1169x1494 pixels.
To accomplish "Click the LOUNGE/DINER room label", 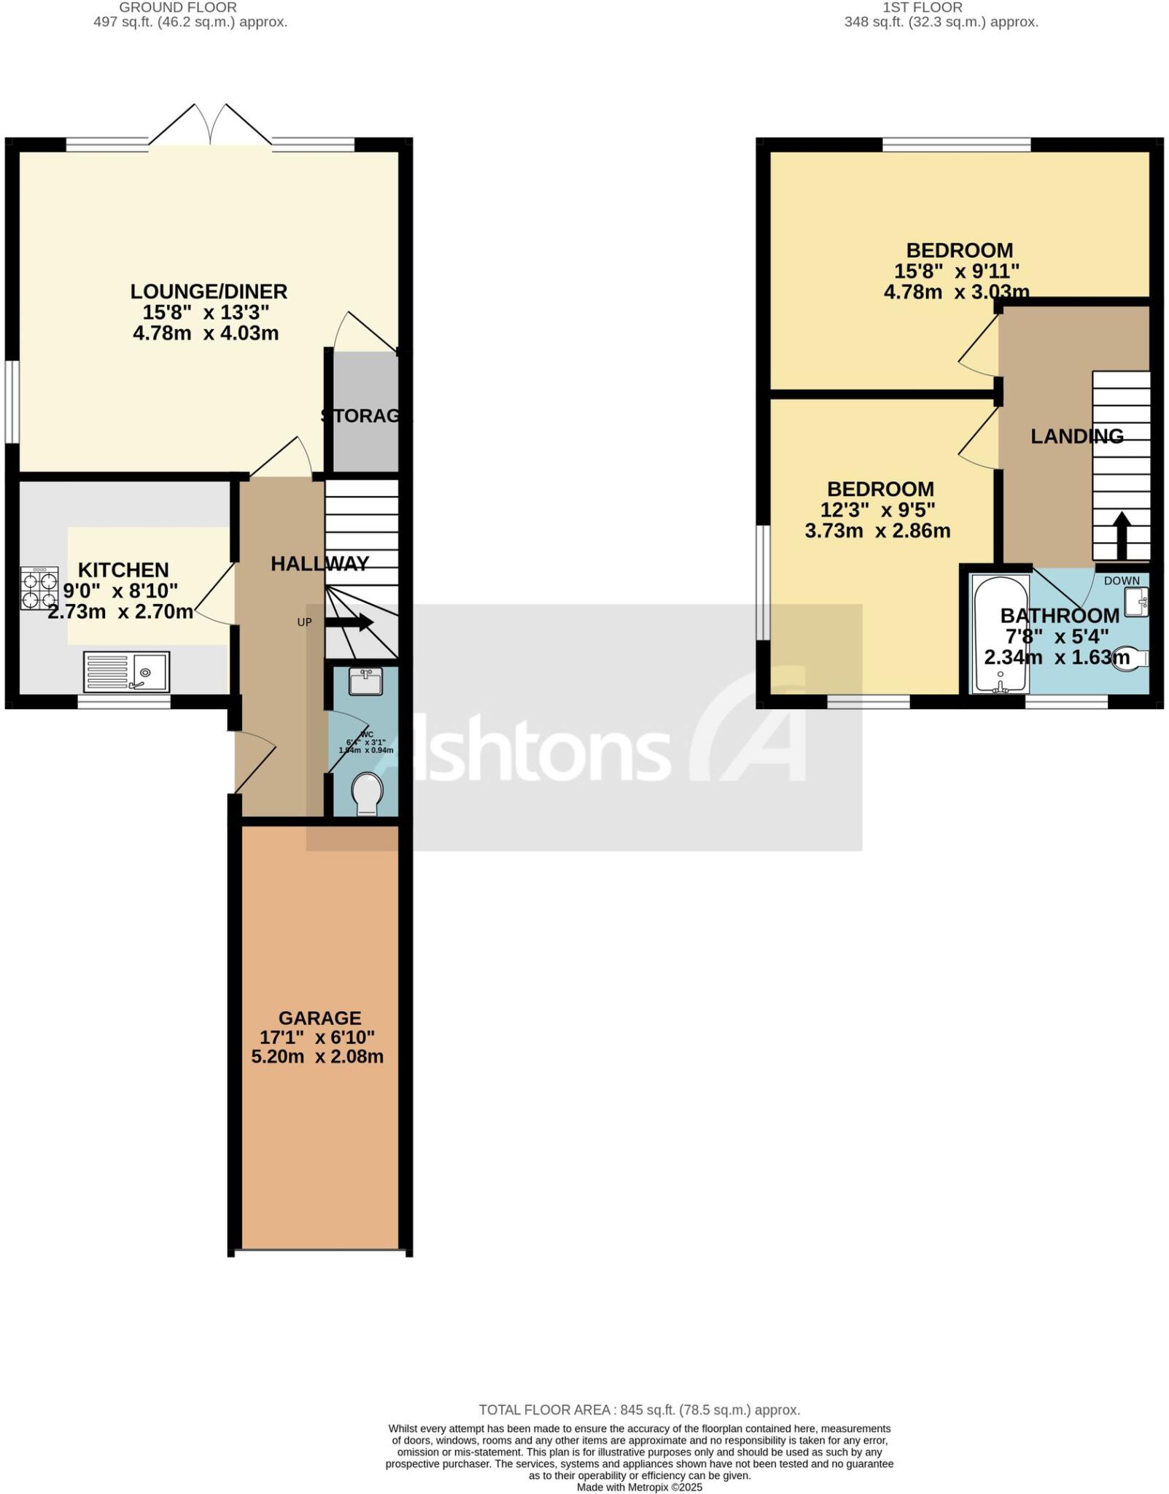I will (x=209, y=292).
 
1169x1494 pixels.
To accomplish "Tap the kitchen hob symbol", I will (x=39, y=589).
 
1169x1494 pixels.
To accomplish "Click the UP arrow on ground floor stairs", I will (x=349, y=622).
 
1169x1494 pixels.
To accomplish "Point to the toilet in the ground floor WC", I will (x=367, y=794).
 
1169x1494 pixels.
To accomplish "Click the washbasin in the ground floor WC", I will (x=365, y=682).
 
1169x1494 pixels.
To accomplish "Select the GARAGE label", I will (x=319, y=1018).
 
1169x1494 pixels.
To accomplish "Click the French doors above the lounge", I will (x=211, y=125).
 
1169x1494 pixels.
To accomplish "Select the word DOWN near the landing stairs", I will (x=1122, y=581).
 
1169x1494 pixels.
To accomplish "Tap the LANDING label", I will (x=1076, y=436).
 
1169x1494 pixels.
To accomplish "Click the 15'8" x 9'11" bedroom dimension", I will (x=956, y=271).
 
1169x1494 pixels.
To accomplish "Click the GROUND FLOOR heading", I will (x=178, y=7).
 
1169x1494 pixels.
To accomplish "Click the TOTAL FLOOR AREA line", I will (x=639, y=1410).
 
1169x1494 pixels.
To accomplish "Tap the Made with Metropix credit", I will (x=639, y=1487).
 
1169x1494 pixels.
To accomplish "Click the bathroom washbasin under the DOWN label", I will (x=1135, y=603).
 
